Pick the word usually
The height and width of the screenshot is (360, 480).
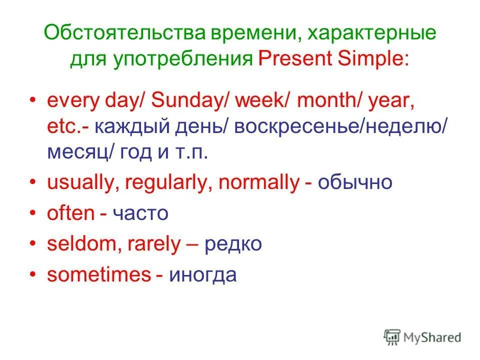point(82,183)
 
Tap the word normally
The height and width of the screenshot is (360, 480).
point(257,183)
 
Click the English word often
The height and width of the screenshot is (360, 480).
point(70,213)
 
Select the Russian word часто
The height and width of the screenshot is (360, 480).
point(140,214)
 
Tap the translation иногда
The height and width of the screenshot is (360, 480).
point(202,275)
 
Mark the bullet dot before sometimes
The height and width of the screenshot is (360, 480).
point(33,275)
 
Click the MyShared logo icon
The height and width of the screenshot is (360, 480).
point(392,336)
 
